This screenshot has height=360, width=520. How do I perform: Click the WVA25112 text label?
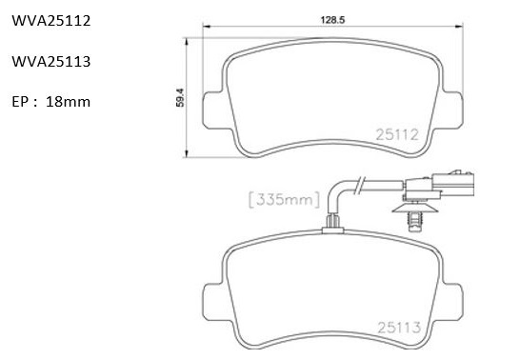[51, 21]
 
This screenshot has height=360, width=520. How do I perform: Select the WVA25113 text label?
[51, 62]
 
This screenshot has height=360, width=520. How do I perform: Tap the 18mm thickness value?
[68, 102]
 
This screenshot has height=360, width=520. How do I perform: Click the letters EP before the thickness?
[20, 102]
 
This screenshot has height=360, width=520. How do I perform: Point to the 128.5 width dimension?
[332, 20]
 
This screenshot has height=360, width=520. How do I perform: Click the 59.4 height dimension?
[180, 97]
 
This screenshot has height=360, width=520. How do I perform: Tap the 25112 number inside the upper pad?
[397, 134]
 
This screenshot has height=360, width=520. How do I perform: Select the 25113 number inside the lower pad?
[399, 328]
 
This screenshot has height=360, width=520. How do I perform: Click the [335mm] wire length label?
[284, 200]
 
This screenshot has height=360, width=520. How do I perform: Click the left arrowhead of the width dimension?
[207, 26]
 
